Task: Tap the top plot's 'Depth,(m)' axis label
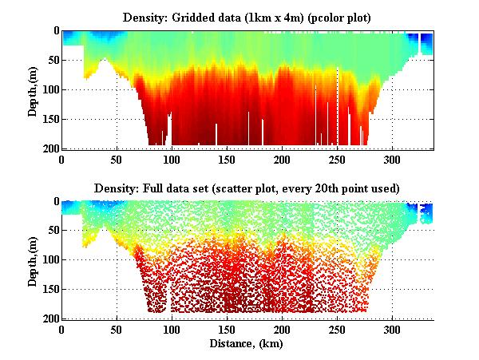click(33, 89)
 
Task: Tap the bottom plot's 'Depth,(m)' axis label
click(33, 260)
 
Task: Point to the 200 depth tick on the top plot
click(49, 148)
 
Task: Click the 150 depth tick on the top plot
click(49, 119)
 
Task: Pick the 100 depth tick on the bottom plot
click(49, 260)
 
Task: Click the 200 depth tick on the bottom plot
click(49, 319)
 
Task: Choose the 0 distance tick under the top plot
click(62, 160)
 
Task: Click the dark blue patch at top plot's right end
click(426, 41)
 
